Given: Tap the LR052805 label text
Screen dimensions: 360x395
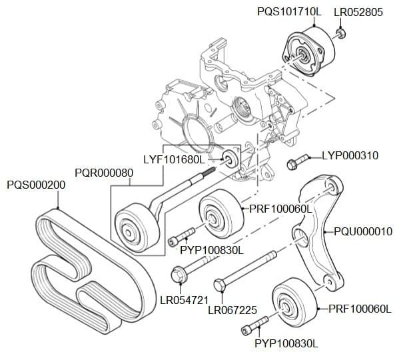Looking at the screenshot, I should coord(358,12).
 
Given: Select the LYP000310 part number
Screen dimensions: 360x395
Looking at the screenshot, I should coord(350,156).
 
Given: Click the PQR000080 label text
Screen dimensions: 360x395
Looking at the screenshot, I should coord(104,173).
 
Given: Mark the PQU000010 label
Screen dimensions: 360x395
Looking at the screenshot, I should coord(362,232).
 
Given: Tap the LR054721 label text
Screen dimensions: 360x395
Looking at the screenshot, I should coord(183,300).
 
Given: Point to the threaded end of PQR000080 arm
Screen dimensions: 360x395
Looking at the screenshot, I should coord(204,175).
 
